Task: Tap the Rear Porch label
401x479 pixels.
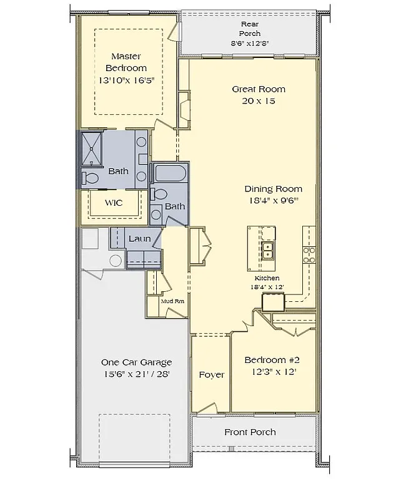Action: (250, 29)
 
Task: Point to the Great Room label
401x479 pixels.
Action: (258, 89)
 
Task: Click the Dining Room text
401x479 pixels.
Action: (273, 189)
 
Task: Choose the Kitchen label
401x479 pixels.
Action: (267, 278)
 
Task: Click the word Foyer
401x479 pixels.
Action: (211, 375)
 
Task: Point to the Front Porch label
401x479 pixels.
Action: (250, 432)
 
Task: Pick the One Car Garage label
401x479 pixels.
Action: (136, 362)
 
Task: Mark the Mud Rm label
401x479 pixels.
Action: (172, 301)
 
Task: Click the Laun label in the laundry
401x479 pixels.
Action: (139, 238)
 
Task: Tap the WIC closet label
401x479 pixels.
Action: (113, 203)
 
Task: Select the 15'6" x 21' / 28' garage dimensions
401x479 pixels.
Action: (136, 374)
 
